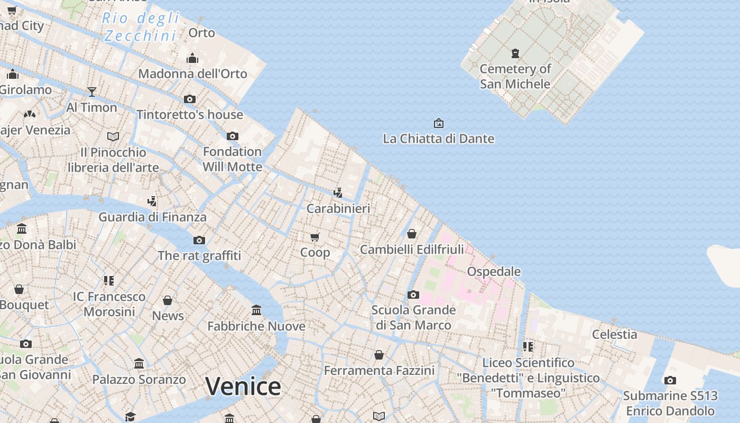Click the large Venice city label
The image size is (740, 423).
pos(243,387)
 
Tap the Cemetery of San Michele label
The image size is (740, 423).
pos(515,76)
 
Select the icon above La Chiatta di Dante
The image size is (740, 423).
pos(438,123)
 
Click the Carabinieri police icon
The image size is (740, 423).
pos(338,193)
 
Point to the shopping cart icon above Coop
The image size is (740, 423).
pos(315,237)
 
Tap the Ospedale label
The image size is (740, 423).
pos(494,271)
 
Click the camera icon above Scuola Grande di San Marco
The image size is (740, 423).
pos(413,295)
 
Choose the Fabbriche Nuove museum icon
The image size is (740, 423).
pos(256,310)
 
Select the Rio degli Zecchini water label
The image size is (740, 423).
pos(141,27)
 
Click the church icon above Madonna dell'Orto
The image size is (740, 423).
pos(192,58)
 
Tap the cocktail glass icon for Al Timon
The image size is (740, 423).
pos(91,92)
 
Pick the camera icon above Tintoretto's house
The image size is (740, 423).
pos(189,99)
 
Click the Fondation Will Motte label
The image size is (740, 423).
pos(232,159)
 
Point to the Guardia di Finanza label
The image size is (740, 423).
pos(152,217)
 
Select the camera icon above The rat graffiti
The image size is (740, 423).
pos(199,241)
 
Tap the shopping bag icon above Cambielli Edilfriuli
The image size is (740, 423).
pos(412,233)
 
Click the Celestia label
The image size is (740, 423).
pos(614,334)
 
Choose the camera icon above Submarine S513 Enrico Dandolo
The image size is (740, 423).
pos(670,380)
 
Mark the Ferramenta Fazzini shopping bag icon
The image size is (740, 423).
pos(379,355)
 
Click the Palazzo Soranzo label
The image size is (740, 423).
pos(139,380)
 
